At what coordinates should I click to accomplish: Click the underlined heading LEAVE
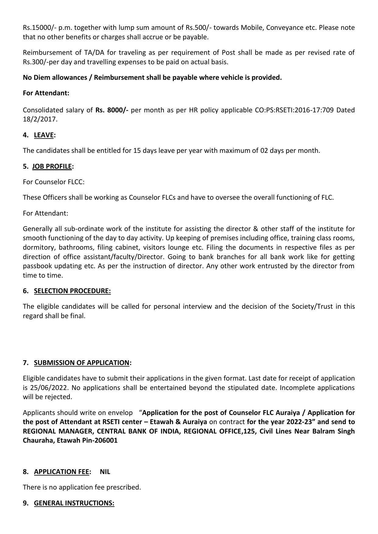44,135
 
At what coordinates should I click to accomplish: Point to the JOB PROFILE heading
52,167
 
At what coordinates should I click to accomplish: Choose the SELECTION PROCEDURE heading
72,291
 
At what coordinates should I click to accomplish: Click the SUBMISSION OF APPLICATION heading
82,363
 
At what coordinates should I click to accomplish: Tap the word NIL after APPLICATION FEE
105,472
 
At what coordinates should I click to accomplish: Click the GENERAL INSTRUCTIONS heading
74,503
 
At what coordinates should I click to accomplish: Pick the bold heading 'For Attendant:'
46,93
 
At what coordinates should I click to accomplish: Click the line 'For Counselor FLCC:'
54,182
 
